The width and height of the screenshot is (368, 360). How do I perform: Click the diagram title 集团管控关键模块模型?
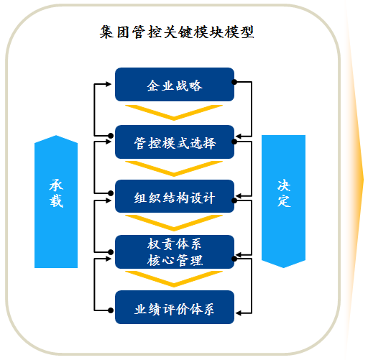click(177, 32)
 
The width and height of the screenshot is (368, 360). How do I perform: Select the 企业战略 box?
click(175, 85)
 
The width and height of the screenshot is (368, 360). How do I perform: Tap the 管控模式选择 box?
click(175, 142)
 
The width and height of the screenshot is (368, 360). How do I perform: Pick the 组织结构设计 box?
click(175, 196)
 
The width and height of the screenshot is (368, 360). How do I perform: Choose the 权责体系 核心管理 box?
click(175, 251)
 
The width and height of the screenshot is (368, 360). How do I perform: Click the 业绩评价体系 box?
click(175, 308)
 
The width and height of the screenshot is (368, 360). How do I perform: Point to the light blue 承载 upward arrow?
click(56, 202)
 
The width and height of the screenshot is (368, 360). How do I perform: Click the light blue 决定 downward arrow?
click(283, 202)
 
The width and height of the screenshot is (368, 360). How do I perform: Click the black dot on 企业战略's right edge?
click(234, 82)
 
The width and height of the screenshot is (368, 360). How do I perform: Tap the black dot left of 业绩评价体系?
click(111, 310)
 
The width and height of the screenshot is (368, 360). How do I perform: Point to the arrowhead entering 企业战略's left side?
click(109, 84)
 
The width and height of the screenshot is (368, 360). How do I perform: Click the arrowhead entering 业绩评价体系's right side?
click(239, 313)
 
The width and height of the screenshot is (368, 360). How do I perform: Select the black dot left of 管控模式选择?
click(111, 136)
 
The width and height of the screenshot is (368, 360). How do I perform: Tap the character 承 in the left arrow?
click(56, 185)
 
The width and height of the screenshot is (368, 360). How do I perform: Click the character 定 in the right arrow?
click(284, 200)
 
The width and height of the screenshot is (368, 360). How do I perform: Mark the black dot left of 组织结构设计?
click(111, 193)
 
